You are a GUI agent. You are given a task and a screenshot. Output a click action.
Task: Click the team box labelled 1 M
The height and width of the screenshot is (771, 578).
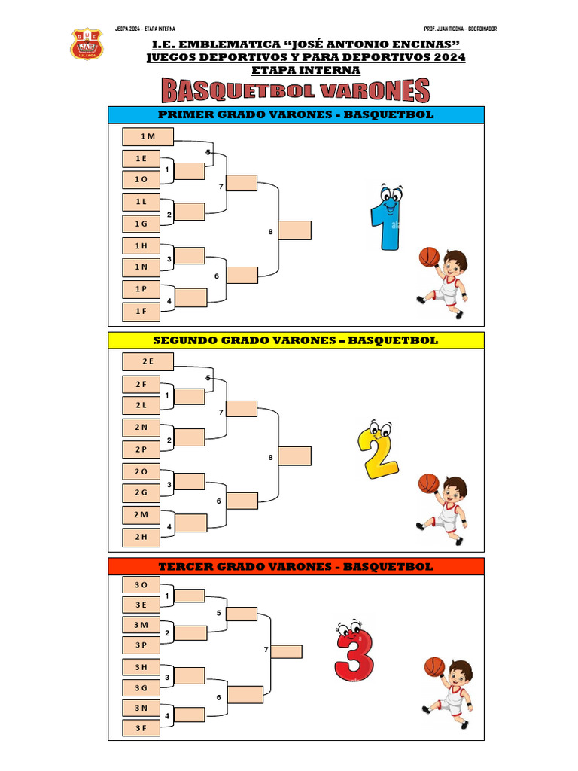(x=148, y=136)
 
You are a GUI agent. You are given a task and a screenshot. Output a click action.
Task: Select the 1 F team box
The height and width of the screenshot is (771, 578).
(x=141, y=311)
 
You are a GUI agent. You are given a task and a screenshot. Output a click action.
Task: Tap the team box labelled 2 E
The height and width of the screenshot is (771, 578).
(x=148, y=361)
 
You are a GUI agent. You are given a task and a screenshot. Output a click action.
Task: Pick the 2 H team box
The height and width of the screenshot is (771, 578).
(x=141, y=537)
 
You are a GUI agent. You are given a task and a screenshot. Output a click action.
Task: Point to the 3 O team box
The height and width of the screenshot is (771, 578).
(x=141, y=584)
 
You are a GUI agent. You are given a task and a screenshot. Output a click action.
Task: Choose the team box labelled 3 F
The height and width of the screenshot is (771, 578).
(x=141, y=728)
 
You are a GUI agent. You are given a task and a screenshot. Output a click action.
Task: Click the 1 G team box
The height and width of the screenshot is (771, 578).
(x=141, y=224)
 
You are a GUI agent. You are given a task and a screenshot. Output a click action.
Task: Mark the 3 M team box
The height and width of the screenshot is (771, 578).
(x=141, y=625)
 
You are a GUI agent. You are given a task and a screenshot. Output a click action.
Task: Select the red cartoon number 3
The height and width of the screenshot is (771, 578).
(x=354, y=651)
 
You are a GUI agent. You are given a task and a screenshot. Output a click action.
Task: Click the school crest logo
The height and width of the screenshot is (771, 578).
(x=87, y=45)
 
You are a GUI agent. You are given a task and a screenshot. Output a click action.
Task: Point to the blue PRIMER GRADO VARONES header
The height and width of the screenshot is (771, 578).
(x=296, y=115)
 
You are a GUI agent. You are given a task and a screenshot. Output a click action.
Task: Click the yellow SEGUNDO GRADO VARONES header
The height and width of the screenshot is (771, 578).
(x=296, y=340)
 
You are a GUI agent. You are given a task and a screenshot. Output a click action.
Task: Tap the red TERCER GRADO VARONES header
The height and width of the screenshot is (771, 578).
(x=296, y=566)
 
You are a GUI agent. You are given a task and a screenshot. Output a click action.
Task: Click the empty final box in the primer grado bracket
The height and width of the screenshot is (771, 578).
(x=295, y=230)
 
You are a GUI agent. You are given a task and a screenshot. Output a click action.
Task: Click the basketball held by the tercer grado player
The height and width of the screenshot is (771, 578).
(x=435, y=666)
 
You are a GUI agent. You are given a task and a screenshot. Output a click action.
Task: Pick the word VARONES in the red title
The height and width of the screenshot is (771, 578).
(x=374, y=92)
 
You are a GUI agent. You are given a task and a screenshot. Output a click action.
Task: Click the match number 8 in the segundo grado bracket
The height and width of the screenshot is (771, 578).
(x=270, y=457)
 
